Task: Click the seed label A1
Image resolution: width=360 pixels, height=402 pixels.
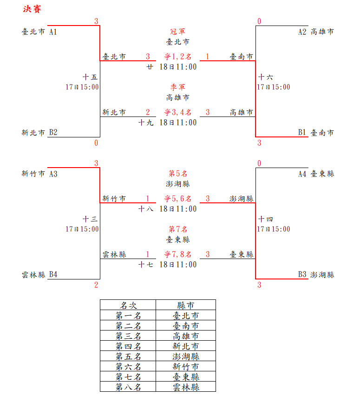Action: [53, 32]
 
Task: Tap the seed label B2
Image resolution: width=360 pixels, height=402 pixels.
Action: [53, 132]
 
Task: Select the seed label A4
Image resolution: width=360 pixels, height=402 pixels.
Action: [302, 174]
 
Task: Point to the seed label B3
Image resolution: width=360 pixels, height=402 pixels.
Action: [302, 274]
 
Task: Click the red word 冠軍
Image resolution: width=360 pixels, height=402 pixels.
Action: [177, 32]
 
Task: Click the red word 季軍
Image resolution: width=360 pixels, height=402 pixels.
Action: [177, 87]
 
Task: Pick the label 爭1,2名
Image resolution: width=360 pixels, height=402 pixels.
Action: [177, 57]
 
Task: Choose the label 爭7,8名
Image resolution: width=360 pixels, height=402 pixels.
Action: [177, 254]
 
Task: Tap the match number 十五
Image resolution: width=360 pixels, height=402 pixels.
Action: [90, 77]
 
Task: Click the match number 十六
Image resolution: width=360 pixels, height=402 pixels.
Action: [266, 77]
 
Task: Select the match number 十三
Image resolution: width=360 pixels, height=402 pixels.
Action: [90, 219]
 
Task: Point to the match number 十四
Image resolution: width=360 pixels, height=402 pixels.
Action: [266, 219]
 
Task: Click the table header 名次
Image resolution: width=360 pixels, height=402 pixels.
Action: [128, 305]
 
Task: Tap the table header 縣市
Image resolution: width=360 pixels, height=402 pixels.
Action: [186, 305]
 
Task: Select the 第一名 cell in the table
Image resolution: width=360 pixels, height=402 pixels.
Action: [128, 315]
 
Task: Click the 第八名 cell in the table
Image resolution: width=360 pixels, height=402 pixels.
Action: [128, 387]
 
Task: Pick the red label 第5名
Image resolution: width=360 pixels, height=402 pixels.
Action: [177, 174]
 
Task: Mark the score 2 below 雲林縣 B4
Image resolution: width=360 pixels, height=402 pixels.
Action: [96, 285]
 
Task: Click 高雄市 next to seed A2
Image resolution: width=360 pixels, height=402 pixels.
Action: [322, 32]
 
